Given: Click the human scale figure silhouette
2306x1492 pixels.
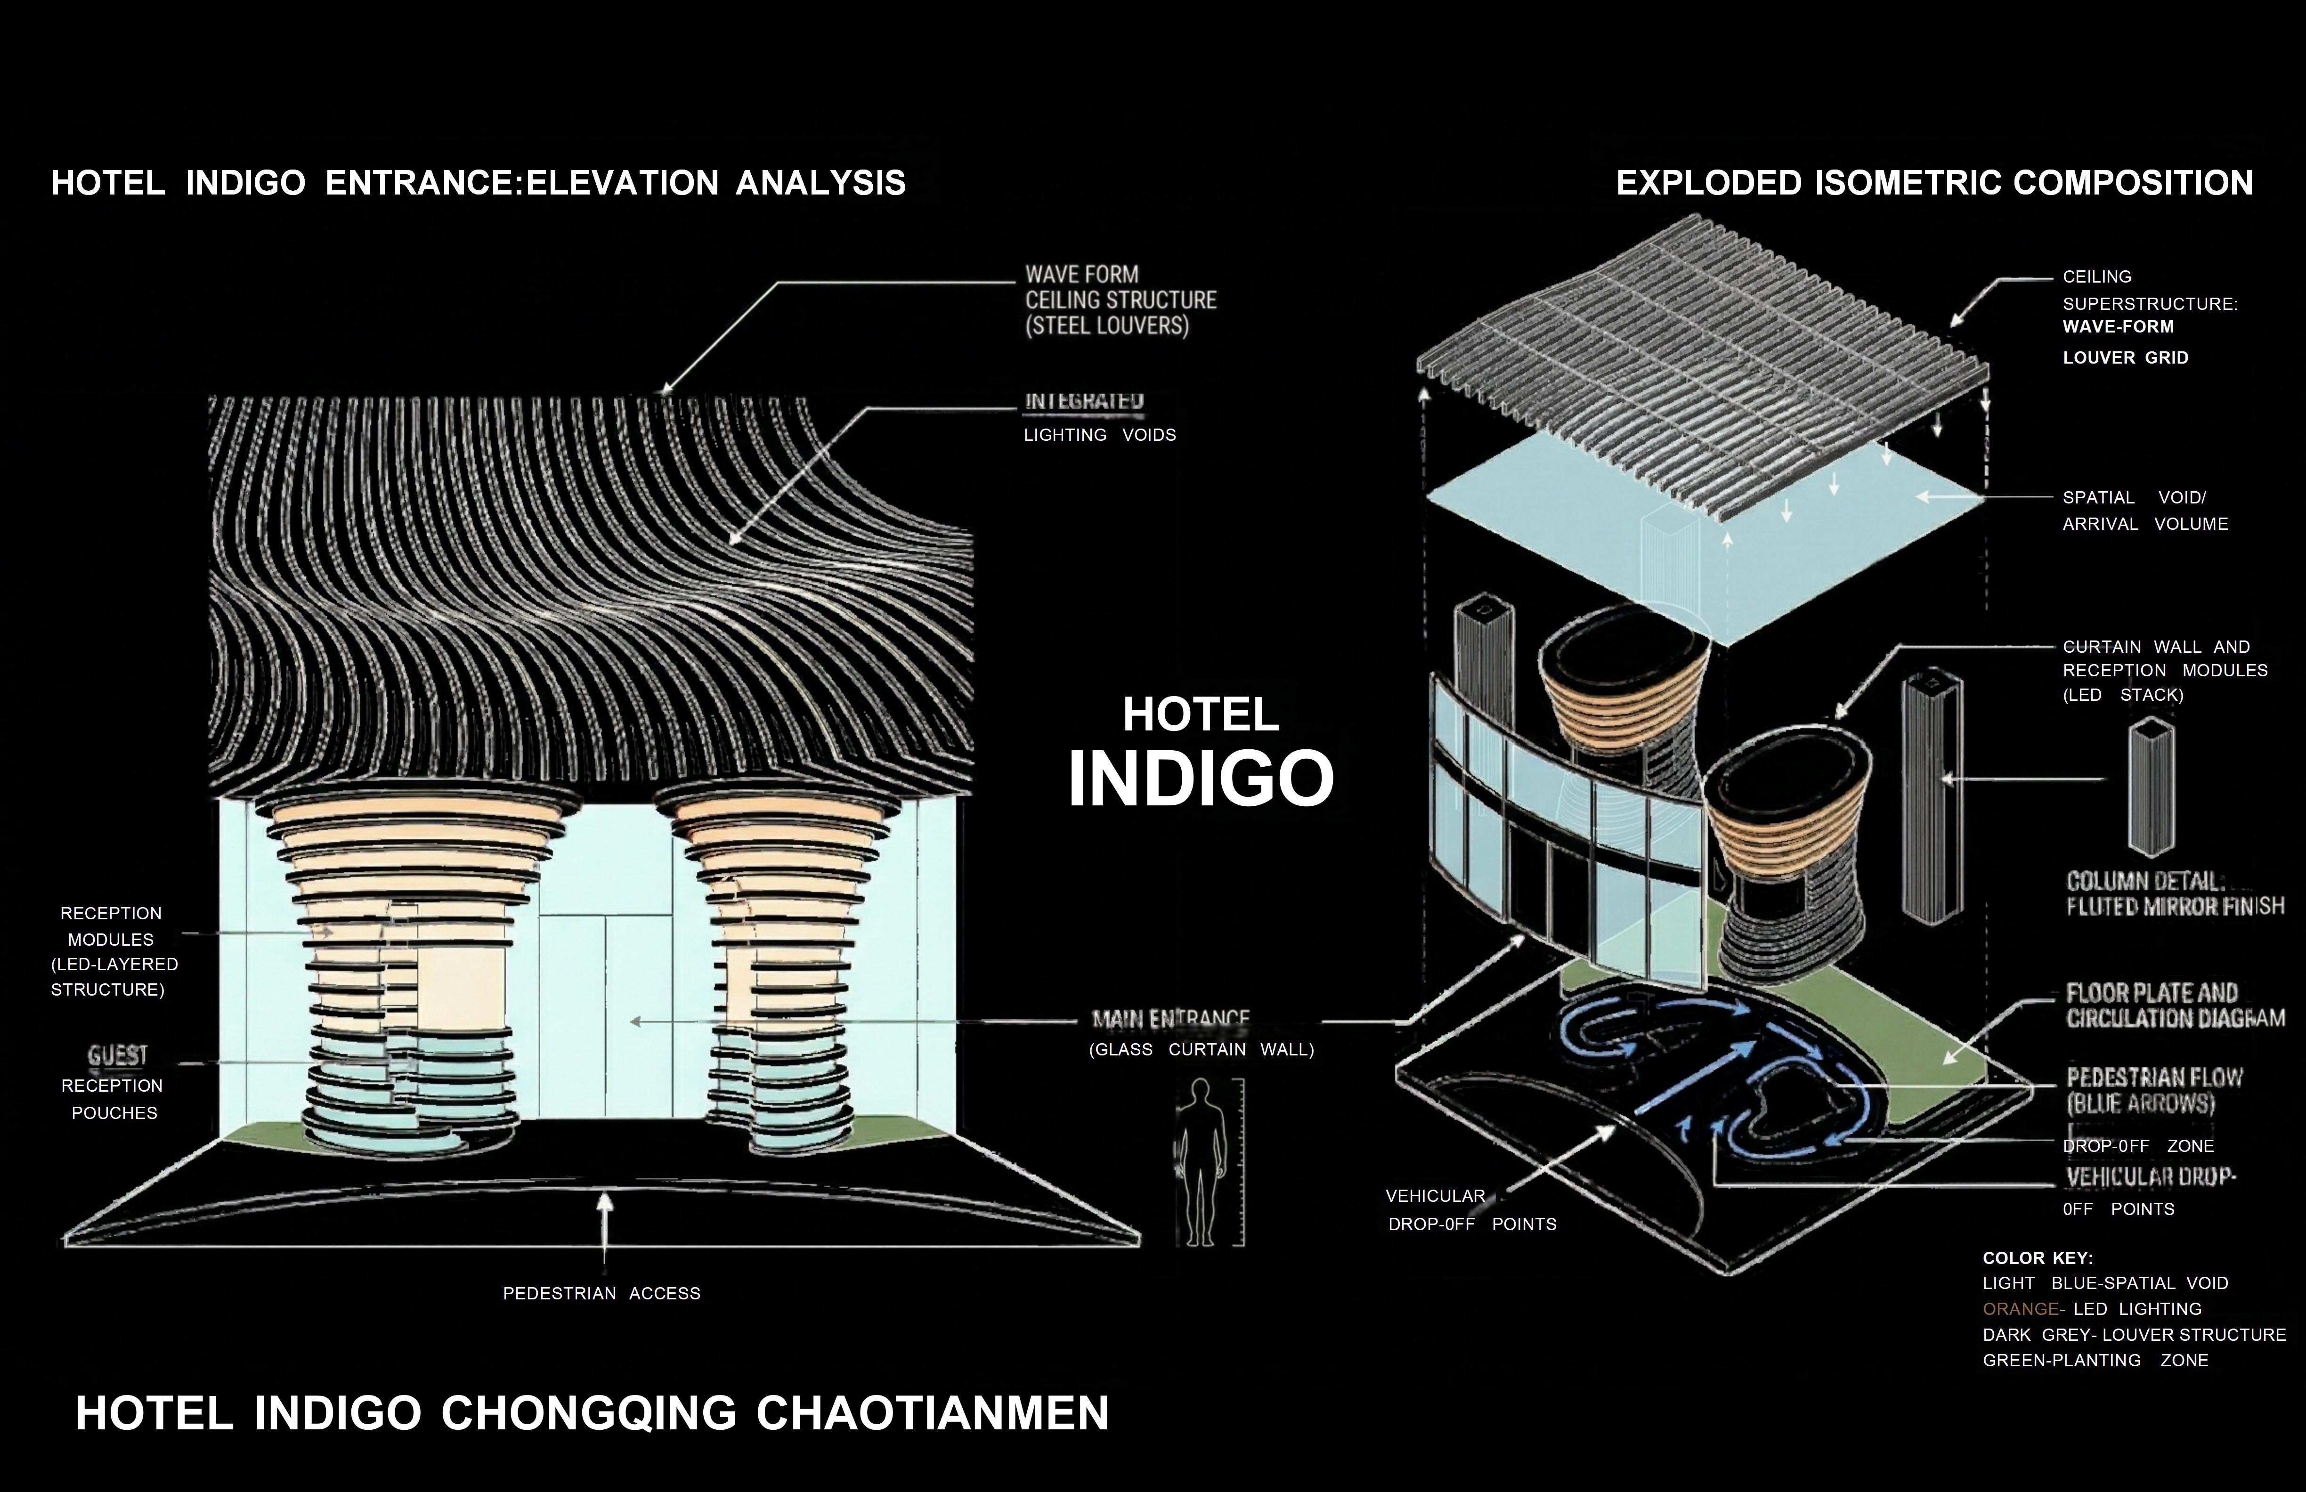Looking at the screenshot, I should tap(1200, 1163).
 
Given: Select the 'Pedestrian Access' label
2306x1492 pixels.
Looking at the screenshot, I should tap(601, 1293).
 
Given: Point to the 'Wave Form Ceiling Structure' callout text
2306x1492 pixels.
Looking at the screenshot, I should tap(1120, 300).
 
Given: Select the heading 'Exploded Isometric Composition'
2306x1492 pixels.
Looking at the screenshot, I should tap(1934, 183).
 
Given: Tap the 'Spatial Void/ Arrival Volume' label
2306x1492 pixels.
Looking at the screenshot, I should tap(2144, 511).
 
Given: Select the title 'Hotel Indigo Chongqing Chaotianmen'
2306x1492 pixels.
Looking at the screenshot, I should tap(592, 1413).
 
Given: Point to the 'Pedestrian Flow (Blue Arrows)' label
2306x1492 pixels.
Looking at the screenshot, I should tap(2154, 1090).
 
